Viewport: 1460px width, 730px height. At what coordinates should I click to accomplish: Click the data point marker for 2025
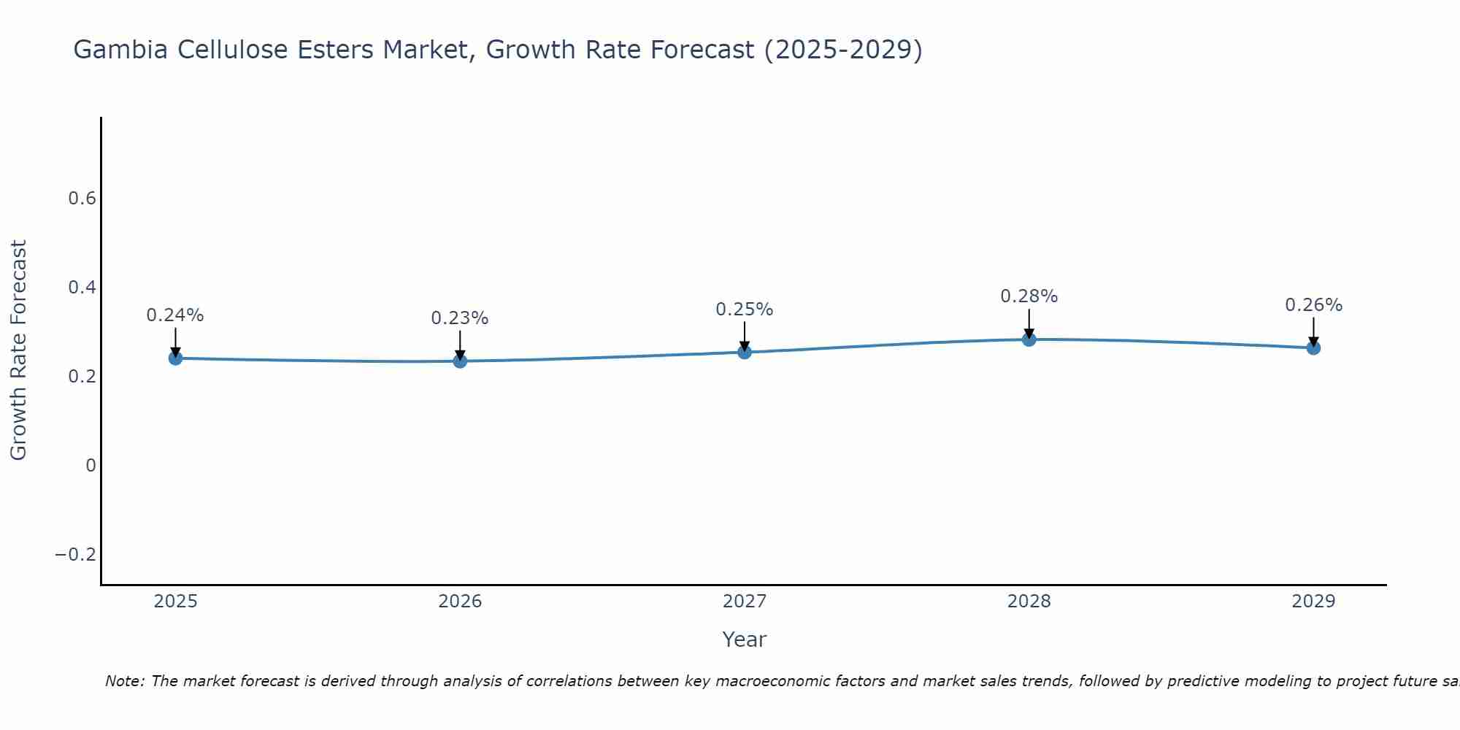(175, 358)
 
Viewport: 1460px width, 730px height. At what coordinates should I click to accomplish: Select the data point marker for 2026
(460, 361)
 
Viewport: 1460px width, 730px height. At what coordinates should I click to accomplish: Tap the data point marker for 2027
(745, 353)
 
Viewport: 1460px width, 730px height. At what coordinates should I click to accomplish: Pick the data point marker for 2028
(1029, 339)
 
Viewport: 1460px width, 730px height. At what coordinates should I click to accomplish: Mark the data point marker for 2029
(1313, 348)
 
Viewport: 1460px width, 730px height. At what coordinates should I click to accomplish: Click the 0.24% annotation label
(175, 315)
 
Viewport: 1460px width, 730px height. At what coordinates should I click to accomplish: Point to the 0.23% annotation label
(460, 318)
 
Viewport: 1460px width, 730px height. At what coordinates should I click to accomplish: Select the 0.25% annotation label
(745, 310)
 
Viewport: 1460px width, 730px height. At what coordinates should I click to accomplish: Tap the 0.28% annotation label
(1029, 296)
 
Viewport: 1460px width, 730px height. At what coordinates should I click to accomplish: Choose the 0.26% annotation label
(1313, 305)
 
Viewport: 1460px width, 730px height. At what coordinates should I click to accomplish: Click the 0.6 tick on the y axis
(82, 199)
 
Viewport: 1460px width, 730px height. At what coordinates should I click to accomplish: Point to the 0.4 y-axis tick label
(82, 288)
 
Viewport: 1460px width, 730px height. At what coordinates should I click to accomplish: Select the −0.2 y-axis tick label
(76, 555)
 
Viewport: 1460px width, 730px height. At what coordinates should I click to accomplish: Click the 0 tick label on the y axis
(91, 466)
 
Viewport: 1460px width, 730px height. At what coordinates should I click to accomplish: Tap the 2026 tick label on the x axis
(460, 602)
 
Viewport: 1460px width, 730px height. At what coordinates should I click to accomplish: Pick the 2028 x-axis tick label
(1029, 602)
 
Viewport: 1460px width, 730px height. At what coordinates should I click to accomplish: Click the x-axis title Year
(744, 639)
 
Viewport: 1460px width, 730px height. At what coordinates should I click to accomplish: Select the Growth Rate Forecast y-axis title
(19, 350)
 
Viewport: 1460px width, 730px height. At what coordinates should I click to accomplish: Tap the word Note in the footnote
(125, 681)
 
